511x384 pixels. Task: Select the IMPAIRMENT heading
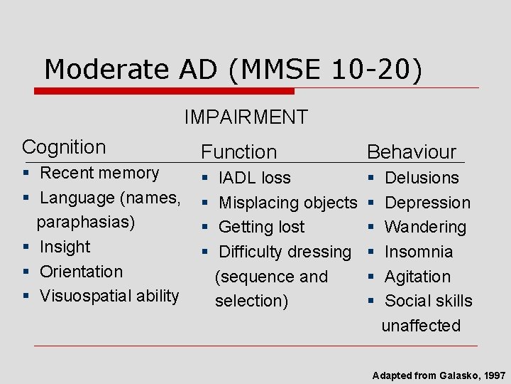(246, 117)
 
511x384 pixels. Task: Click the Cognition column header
(64, 147)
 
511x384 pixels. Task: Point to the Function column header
(238, 151)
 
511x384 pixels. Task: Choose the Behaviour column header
(411, 151)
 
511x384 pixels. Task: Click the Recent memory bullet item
(99, 173)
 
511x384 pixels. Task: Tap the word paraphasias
(85, 222)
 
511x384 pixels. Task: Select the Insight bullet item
(65, 247)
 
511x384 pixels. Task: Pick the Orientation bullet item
(81, 271)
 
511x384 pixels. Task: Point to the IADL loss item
(254, 178)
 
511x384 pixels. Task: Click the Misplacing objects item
(287, 203)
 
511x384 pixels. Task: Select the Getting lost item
(261, 227)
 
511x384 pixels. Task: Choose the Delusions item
(422, 178)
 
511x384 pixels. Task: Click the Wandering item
(425, 227)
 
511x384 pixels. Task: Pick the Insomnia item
(419, 252)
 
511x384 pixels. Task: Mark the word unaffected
(421, 326)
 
